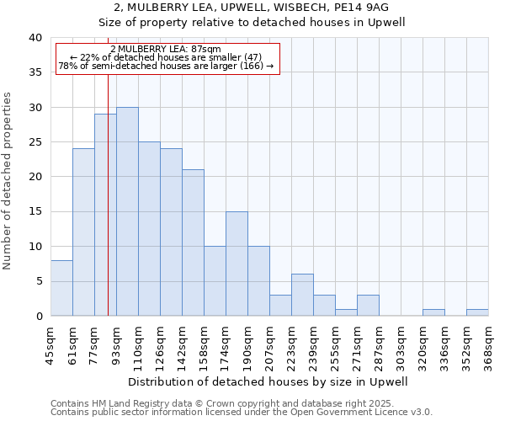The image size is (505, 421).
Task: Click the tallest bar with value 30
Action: (127, 211)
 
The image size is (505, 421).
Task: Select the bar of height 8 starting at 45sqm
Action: (61, 288)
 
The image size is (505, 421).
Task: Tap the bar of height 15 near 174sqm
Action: (237, 264)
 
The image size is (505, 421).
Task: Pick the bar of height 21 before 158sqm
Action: (193, 242)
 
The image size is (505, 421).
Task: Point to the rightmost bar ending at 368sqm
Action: (477, 312)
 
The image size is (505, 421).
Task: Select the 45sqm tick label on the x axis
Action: (50, 344)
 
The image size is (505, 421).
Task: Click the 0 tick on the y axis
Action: (38, 316)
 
